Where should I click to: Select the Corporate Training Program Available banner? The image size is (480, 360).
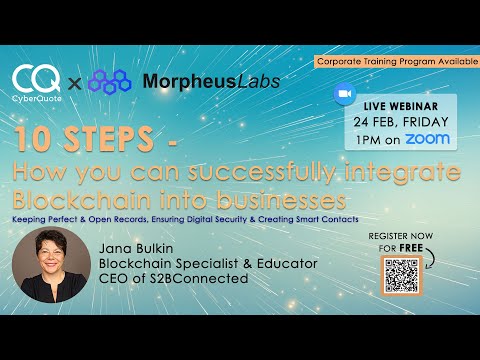(x=395, y=61)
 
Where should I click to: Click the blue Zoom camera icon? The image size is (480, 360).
(x=345, y=92)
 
